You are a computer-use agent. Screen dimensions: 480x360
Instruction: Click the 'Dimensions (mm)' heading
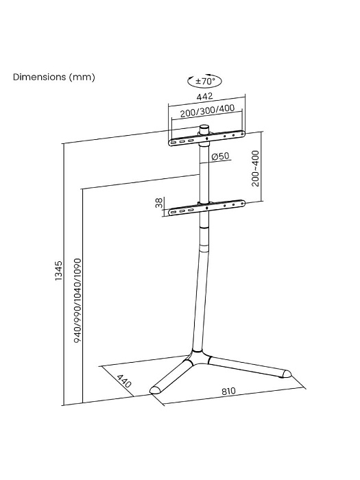click(53, 77)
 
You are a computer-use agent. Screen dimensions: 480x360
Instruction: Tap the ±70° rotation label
click(207, 81)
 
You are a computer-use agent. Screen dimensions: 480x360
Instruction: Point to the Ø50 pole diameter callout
click(219, 157)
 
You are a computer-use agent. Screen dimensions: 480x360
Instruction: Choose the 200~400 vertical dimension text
click(255, 169)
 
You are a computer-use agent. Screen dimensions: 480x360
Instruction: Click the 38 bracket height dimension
click(159, 204)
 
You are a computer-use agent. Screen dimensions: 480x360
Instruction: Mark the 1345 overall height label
click(59, 272)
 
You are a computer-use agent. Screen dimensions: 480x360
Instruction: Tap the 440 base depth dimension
click(123, 381)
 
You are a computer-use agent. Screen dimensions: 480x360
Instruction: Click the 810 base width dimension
click(228, 392)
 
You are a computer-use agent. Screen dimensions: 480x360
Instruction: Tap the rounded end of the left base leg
click(156, 389)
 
